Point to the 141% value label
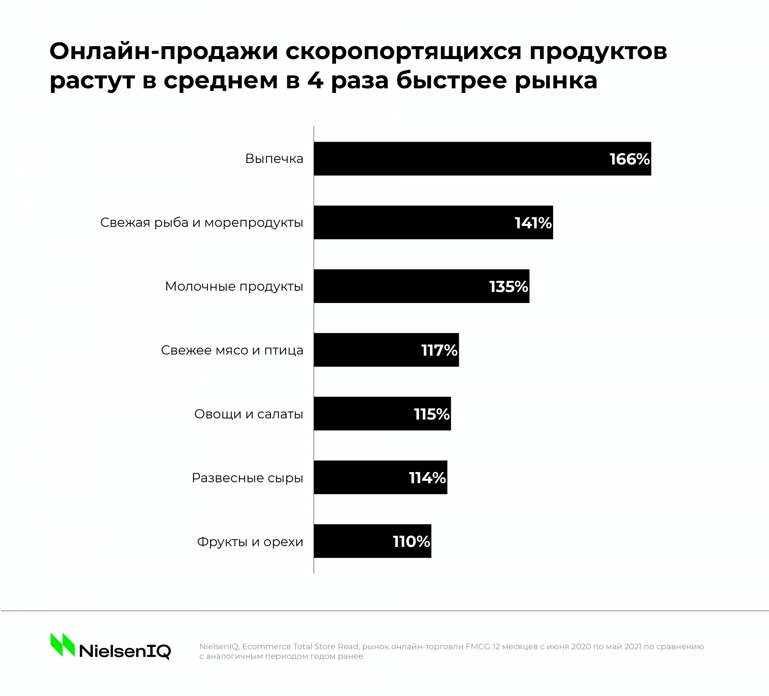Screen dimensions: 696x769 [533, 223]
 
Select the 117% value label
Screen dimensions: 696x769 [439, 350]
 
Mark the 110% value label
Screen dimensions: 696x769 [411, 541]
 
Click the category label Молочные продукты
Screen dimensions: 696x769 [234, 286]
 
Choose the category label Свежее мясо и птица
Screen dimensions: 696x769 [232, 350]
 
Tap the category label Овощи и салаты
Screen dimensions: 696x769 [249, 414]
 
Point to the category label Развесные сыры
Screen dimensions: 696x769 [247, 478]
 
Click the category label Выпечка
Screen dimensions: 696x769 [274, 159]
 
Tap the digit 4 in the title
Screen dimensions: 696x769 [315, 81]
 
